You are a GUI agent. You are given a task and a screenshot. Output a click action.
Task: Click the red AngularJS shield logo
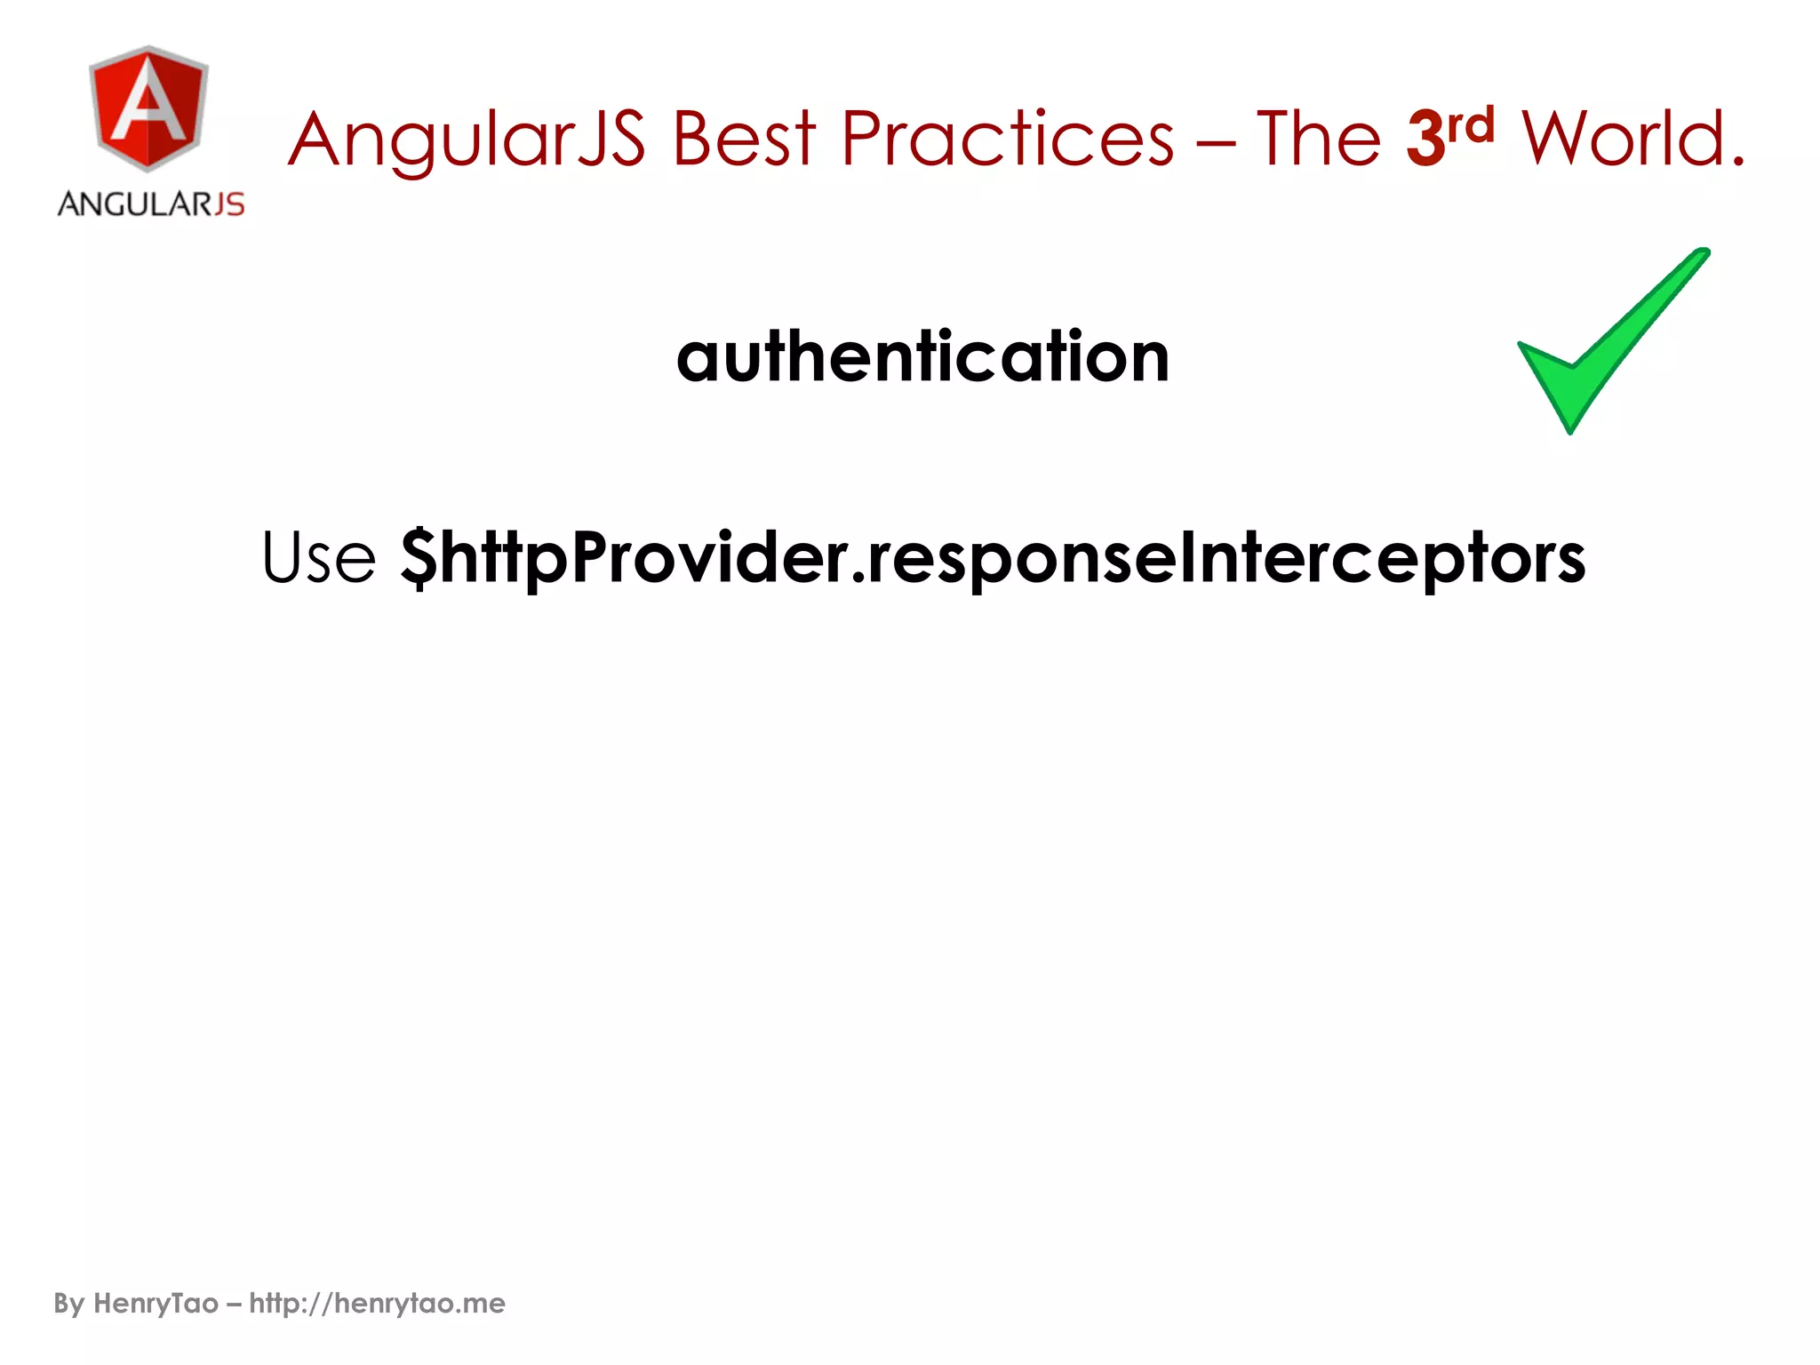tap(149, 108)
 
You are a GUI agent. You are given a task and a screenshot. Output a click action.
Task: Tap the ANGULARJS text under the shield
tap(151, 204)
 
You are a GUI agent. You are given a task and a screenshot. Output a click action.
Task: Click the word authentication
tap(922, 357)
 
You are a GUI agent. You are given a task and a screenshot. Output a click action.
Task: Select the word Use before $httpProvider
tap(319, 558)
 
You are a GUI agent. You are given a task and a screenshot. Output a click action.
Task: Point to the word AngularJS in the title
tap(467, 140)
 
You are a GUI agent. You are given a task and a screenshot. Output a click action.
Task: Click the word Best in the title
tap(743, 140)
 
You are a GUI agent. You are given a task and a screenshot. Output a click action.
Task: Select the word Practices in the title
tap(1007, 140)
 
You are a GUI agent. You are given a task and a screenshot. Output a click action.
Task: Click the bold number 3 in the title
tap(1425, 140)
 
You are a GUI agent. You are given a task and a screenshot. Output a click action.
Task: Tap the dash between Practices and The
tap(1215, 142)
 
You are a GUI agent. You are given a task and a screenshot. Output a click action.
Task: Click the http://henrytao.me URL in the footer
tap(377, 1304)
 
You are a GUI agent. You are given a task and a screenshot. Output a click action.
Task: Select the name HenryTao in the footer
tap(156, 1304)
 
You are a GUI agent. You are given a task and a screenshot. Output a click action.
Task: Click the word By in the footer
tap(68, 1304)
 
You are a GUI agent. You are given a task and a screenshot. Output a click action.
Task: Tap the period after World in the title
tap(1737, 163)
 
